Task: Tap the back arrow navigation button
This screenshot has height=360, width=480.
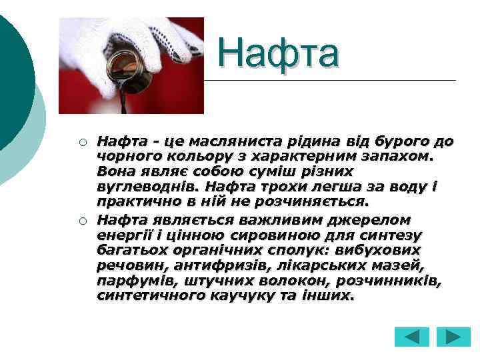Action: point(411,336)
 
